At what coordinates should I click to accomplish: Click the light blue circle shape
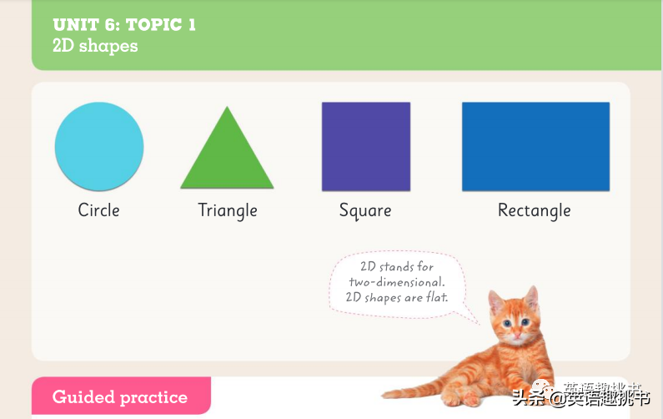99,146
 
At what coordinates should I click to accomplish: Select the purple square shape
366,146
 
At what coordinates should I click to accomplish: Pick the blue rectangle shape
535,146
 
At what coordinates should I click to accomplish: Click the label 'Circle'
99,210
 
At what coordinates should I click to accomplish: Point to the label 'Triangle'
228,211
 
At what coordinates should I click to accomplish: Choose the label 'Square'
365,211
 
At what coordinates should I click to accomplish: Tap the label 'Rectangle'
535,211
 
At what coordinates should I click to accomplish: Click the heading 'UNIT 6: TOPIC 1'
124,24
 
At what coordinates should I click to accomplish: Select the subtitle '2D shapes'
95,46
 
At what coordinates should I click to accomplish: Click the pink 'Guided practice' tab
121,396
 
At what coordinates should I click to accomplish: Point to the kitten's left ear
531,298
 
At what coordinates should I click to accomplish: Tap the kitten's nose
517,335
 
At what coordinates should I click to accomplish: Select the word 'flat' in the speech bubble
436,297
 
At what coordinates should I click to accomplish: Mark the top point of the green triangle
227,106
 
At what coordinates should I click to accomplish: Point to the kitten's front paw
470,398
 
